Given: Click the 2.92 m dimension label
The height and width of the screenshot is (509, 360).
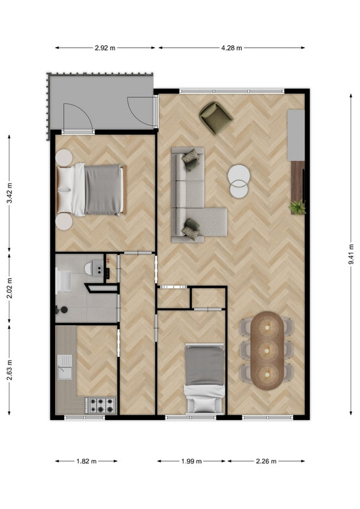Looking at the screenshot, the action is click(x=105, y=48).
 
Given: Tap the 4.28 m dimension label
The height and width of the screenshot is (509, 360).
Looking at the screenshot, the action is click(x=232, y=48).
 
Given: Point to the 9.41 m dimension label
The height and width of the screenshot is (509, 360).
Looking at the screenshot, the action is click(x=351, y=254).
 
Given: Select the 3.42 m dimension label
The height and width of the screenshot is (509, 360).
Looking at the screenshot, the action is click(x=10, y=193).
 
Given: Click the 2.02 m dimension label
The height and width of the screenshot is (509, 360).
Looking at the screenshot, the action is click(x=10, y=289).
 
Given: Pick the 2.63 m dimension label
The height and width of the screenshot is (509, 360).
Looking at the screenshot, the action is click(x=10, y=370).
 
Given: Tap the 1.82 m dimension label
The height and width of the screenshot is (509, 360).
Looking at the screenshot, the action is click(x=87, y=461).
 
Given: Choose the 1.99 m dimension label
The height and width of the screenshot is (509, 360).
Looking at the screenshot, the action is click(x=191, y=461).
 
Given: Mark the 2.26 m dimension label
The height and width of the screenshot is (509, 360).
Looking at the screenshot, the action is click(x=267, y=461).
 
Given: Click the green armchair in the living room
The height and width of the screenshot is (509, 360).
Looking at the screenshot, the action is click(x=216, y=118).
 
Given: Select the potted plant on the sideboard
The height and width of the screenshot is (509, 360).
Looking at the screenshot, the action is click(x=298, y=207).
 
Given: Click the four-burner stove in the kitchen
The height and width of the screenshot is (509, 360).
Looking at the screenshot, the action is click(x=100, y=405).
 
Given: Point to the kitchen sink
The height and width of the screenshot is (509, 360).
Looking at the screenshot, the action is click(x=65, y=367).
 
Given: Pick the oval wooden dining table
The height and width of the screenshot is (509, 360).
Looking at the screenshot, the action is click(x=268, y=351).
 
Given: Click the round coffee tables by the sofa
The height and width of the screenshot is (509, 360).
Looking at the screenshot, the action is click(x=239, y=181).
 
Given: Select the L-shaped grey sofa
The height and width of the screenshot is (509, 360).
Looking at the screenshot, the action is click(x=195, y=195).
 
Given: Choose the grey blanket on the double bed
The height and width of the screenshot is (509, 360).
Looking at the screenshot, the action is click(x=103, y=190).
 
